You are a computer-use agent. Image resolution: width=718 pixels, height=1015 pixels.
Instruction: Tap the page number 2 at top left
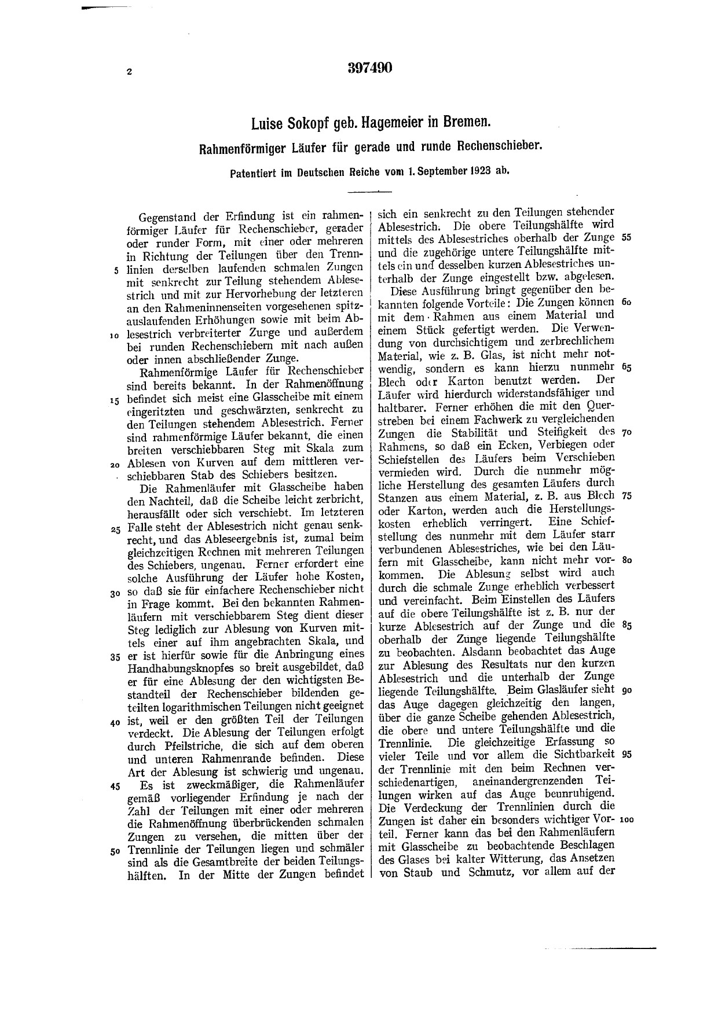click(x=130, y=72)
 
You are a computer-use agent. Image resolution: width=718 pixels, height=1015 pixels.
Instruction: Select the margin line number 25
click(x=116, y=529)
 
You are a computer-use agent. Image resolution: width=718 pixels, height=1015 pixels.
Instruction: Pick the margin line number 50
click(x=116, y=851)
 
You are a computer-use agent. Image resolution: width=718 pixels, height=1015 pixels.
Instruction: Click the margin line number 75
click(x=625, y=497)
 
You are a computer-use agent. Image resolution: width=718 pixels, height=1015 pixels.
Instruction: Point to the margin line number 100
click(x=627, y=820)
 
